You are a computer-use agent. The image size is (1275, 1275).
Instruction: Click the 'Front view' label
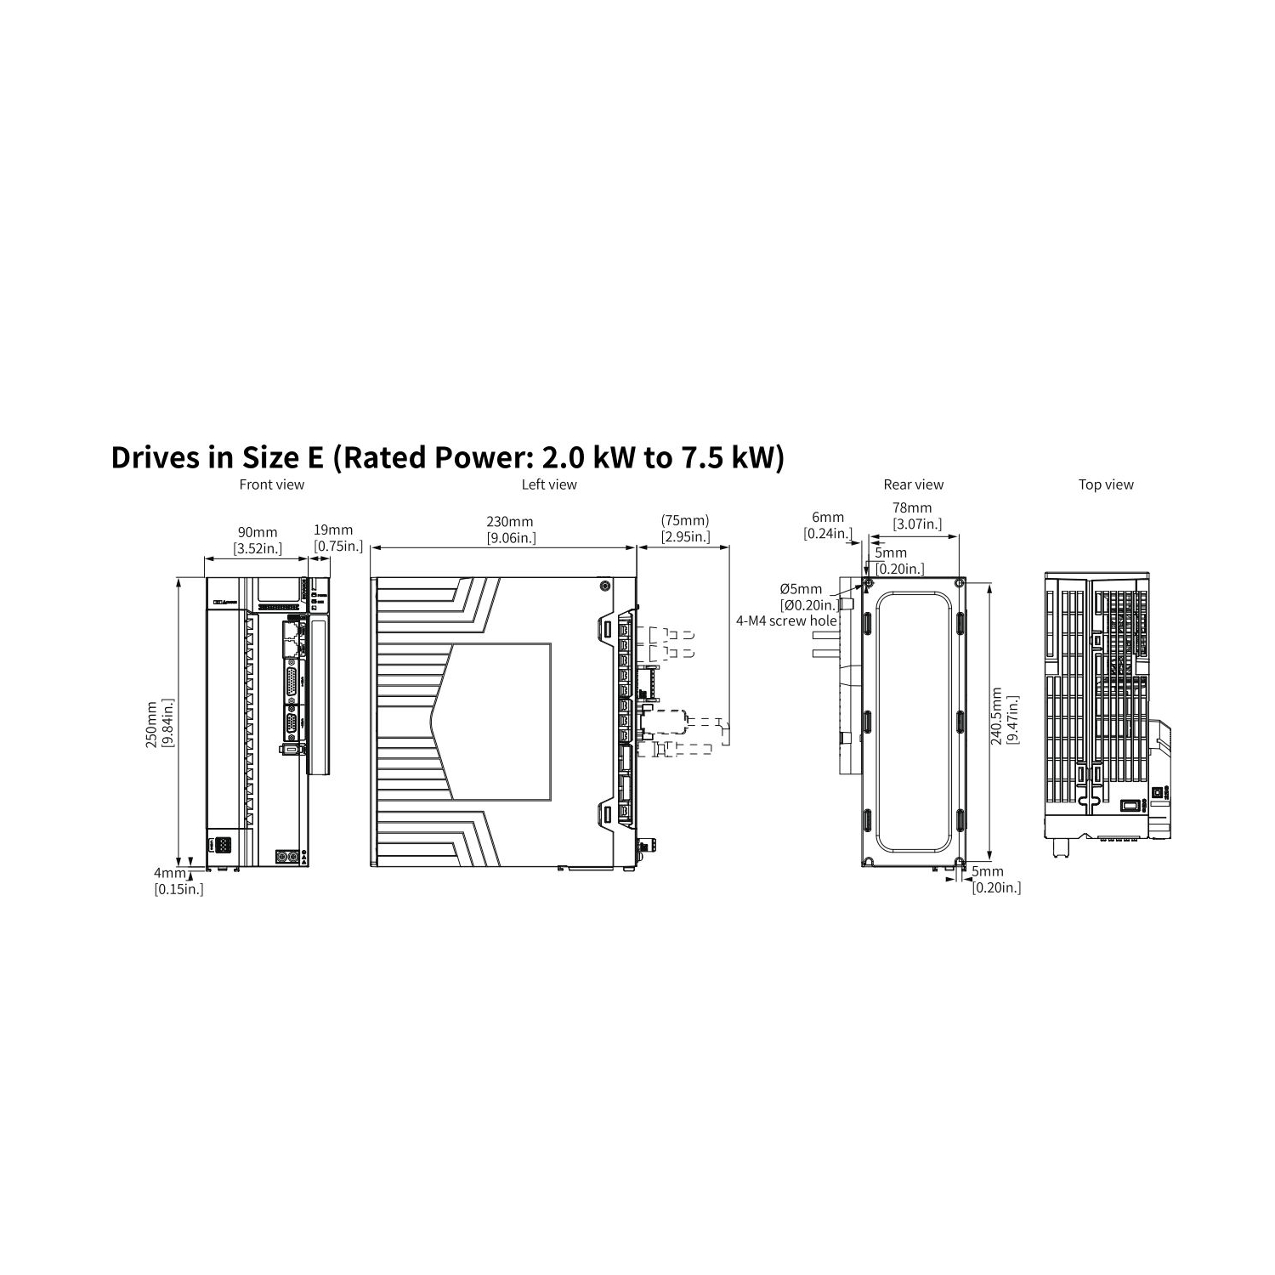tap(272, 484)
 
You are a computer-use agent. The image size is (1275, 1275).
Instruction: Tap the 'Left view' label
tap(549, 484)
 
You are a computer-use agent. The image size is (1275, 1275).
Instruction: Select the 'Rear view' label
tap(914, 484)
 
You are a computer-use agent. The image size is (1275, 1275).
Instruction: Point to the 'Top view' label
tap(1106, 484)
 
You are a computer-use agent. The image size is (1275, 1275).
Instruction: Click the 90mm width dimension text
tap(258, 533)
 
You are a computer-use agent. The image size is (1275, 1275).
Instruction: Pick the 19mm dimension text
tap(333, 530)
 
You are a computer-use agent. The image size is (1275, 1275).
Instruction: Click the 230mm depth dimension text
tap(510, 522)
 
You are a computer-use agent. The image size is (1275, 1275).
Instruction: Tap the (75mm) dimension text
tap(685, 520)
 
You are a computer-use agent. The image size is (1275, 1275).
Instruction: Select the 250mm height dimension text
tap(151, 724)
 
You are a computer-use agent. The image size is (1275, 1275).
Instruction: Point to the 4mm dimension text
tap(169, 873)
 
